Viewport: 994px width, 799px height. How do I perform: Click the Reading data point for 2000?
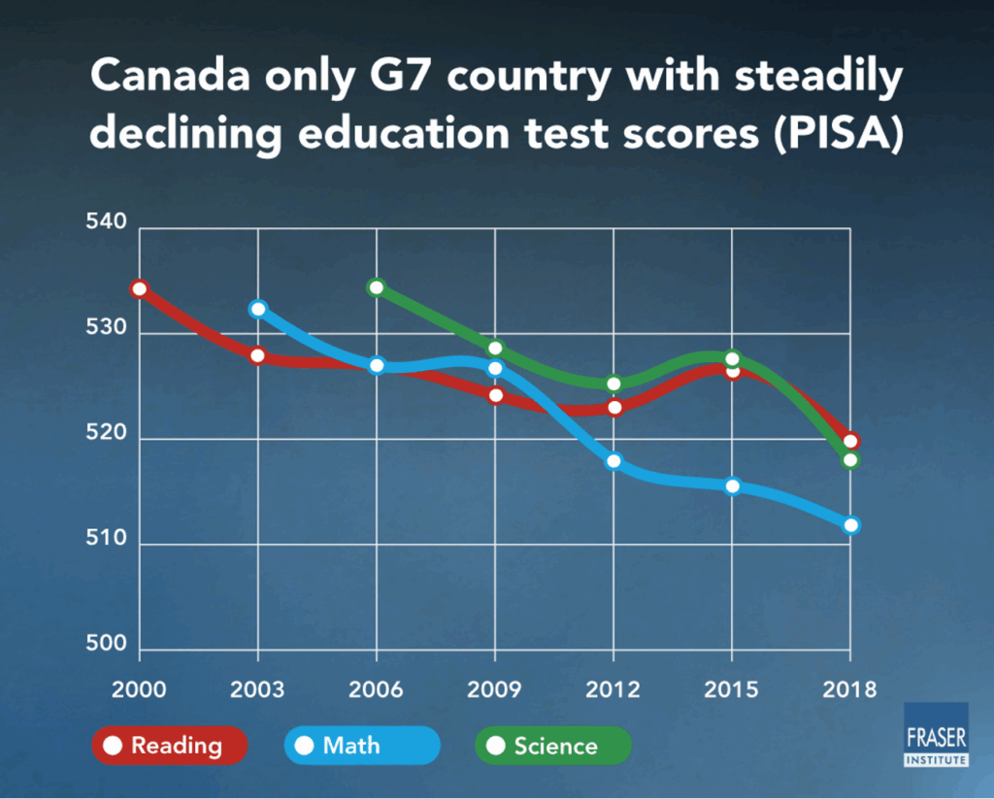point(139,288)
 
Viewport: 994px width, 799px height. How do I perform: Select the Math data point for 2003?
point(258,309)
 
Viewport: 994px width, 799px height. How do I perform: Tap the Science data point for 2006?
point(377,286)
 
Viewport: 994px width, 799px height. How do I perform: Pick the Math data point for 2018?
point(851,525)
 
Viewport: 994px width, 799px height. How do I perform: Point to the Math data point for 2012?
point(613,461)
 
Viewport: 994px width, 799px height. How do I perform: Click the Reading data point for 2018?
point(851,441)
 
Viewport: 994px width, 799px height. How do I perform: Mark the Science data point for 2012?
point(613,383)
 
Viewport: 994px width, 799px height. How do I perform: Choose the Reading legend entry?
point(170,746)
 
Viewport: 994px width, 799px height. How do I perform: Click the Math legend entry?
point(361,746)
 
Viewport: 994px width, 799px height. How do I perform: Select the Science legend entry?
point(552,746)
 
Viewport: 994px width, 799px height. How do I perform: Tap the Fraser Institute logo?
point(936,734)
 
